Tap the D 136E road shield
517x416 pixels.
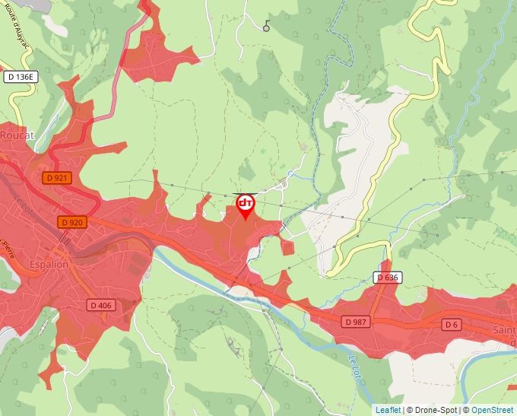click(x=21, y=77)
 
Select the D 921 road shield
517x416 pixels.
click(x=58, y=178)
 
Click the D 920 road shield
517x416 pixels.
click(x=72, y=222)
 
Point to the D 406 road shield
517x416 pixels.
click(x=100, y=305)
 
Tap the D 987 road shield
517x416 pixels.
click(x=354, y=322)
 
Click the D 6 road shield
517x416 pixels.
click(x=452, y=325)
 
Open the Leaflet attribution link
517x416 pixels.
click(x=388, y=410)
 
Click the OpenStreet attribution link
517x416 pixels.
click(x=492, y=410)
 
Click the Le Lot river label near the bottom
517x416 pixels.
click(x=354, y=364)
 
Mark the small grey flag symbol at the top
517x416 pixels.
click(x=266, y=26)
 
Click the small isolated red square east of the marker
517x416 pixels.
click(x=287, y=247)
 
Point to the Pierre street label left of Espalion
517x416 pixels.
click(x=8, y=247)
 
